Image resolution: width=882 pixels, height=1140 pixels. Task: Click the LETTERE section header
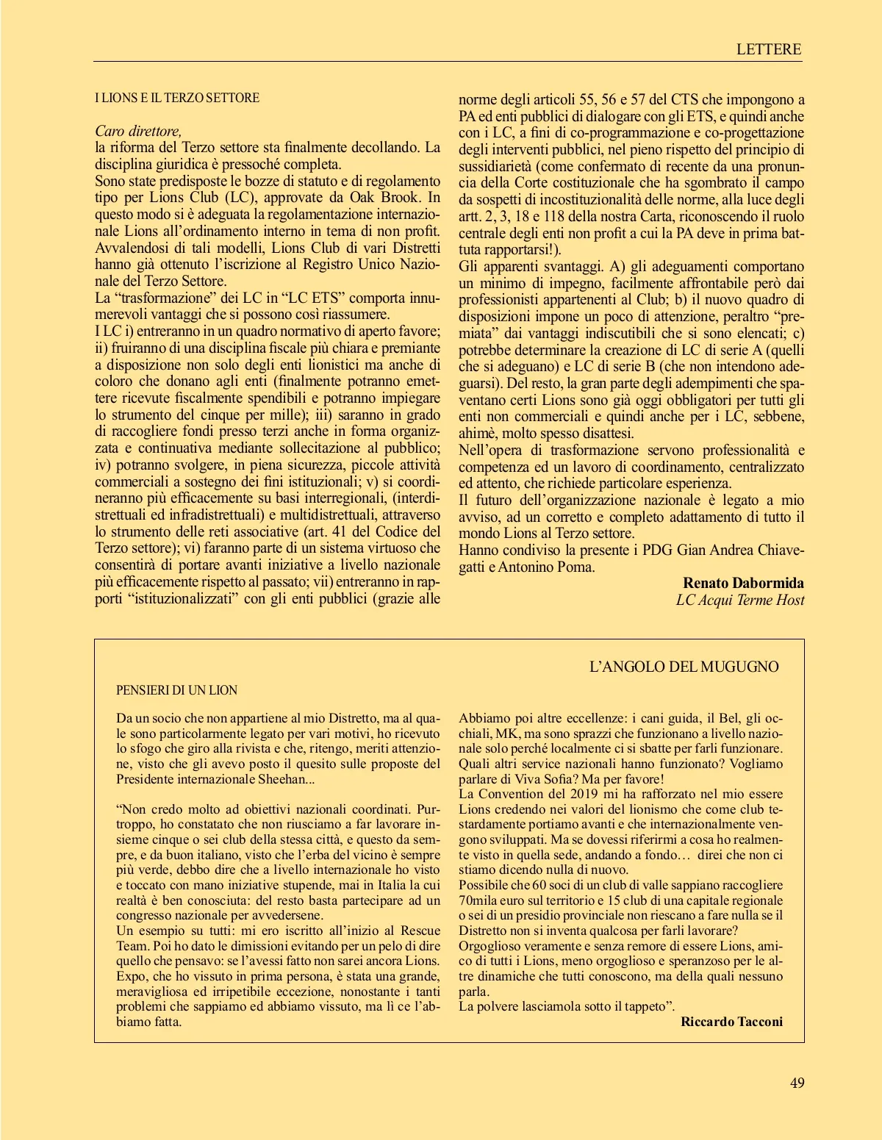point(768,49)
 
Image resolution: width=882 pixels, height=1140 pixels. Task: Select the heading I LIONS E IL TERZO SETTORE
point(177,98)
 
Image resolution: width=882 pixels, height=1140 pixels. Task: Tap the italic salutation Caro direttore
point(138,131)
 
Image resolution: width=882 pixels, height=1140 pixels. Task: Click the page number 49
point(797,1082)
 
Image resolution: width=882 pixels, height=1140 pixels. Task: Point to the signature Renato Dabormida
point(743,583)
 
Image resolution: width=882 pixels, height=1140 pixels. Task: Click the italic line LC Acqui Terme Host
point(740,600)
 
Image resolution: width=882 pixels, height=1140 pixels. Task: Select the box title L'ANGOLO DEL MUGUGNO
point(684,667)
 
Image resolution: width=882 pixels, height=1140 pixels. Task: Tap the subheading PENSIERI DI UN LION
point(176,690)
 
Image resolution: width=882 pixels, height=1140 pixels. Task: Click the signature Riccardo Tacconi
point(731,1022)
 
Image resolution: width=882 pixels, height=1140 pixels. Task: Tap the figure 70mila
point(478,900)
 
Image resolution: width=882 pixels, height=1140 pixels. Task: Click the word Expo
point(131,976)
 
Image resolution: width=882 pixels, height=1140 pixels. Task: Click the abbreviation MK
point(506,734)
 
